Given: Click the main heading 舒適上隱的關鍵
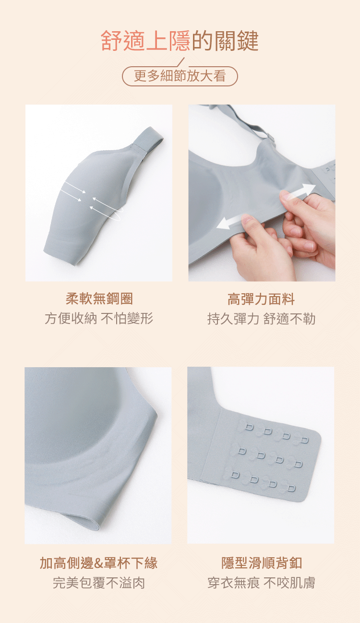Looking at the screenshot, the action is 180,41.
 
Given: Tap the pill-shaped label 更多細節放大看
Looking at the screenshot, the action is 180,76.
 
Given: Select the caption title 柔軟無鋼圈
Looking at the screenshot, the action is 99,299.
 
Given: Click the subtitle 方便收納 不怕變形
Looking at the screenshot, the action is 99,318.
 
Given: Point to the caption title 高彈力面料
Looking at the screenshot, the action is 261,300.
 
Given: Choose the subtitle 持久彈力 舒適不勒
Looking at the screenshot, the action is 261,319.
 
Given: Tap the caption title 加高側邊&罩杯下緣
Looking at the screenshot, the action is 99,563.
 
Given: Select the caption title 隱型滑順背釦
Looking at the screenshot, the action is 262,563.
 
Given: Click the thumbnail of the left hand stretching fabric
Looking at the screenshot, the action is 247,219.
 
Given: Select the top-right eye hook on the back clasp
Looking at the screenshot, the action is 305,440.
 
